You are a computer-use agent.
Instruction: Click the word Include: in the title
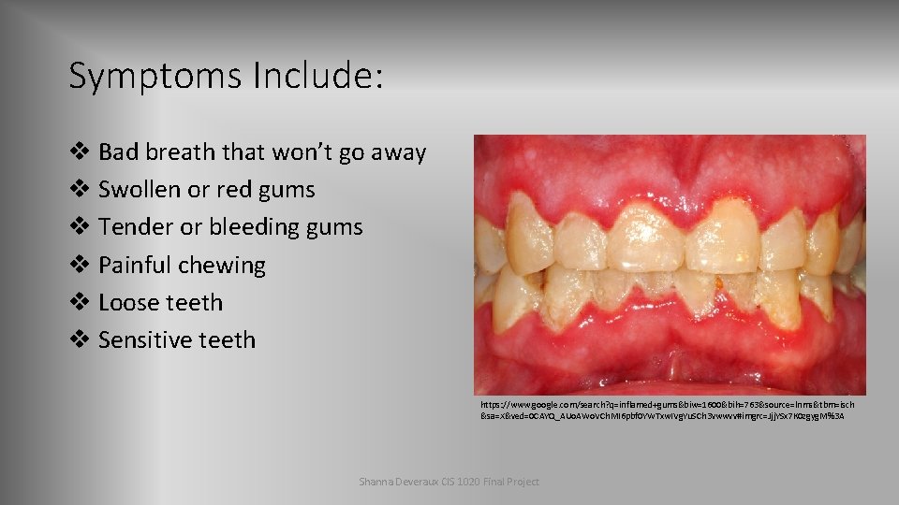pos(317,76)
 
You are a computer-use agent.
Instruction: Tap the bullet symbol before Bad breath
pos(80,151)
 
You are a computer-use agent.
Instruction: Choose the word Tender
pos(134,226)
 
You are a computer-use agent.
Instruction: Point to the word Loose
pos(126,302)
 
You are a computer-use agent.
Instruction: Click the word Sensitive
pos(145,339)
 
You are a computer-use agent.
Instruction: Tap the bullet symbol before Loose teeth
pos(80,302)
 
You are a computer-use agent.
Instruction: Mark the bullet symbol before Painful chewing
pos(80,265)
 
